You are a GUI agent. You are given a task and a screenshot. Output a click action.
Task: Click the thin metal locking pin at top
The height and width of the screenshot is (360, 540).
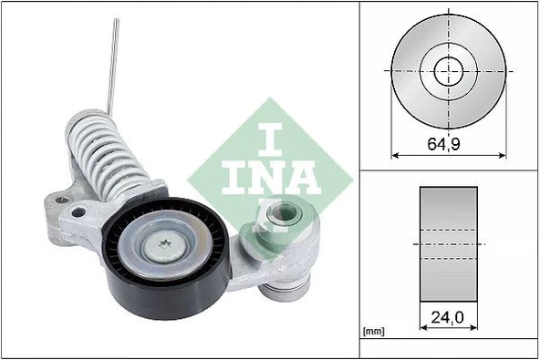coord(112,64)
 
